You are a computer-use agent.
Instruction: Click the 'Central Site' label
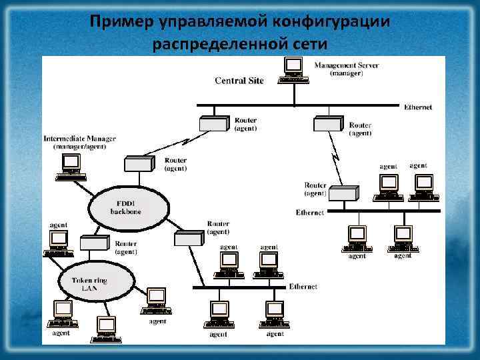239,81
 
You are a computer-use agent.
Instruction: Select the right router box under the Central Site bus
328,124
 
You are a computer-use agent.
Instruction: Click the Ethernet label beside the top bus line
417,107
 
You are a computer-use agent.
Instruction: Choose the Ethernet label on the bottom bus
303,287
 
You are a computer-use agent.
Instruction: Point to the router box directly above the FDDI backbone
138,164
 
